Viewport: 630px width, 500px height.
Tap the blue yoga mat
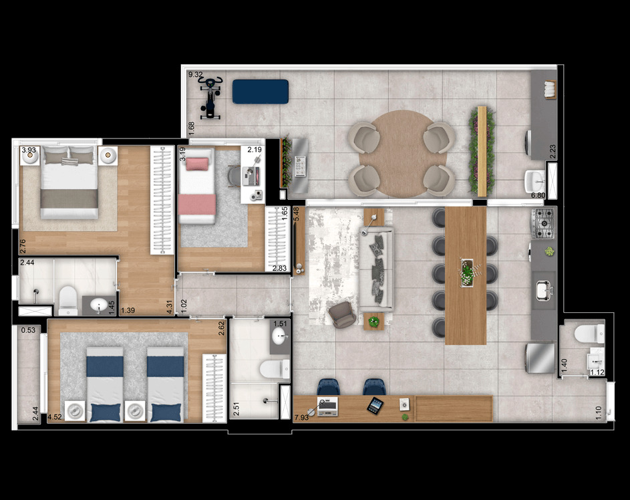tap(261, 92)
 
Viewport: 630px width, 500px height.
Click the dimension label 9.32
tap(195, 75)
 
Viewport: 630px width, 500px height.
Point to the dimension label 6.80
tap(538, 195)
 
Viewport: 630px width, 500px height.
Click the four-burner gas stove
tap(542, 223)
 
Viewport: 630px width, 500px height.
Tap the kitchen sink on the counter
tap(543, 289)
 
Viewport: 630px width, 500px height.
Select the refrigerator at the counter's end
tap(540, 358)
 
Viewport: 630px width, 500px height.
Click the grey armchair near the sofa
tap(343, 315)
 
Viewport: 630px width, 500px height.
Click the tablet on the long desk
tap(374, 405)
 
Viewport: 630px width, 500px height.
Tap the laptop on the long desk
tap(327, 406)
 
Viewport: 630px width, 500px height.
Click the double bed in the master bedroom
tap(69, 183)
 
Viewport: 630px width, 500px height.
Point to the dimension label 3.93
tap(28, 151)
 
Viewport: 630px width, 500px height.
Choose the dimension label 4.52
tap(55, 419)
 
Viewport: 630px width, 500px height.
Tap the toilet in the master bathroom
tap(68, 300)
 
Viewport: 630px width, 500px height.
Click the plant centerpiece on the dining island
tap(467, 273)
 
